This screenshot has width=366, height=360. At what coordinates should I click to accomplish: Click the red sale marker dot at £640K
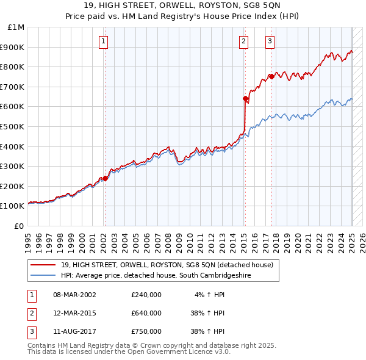[245, 98]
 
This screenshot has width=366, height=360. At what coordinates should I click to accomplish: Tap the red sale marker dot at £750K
[271, 76]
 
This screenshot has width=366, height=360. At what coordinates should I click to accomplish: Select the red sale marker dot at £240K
[105, 178]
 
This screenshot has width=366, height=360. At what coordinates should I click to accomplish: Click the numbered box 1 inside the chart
[103, 42]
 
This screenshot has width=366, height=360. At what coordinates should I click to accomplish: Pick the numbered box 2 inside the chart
[243, 42]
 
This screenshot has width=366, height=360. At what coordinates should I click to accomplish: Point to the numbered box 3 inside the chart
[270, 42]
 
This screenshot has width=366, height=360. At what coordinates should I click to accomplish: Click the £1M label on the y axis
[16, 27]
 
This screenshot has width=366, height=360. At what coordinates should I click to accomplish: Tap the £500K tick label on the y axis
[12, 127]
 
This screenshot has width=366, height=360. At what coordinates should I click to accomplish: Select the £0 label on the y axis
[19, 226]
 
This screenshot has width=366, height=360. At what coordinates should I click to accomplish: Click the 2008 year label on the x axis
[168, 243]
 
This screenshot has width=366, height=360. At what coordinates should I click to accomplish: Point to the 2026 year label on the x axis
[362, 243]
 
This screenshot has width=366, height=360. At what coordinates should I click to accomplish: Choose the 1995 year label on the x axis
[28, 243]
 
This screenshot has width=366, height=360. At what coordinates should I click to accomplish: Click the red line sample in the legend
[43, 265]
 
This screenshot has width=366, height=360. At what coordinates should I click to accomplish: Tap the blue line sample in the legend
[43, 275]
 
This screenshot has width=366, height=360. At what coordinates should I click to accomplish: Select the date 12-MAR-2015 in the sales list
[74, 313]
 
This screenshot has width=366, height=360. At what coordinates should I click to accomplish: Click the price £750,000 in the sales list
[146, 331]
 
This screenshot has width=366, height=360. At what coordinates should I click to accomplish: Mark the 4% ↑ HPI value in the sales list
[209, 295]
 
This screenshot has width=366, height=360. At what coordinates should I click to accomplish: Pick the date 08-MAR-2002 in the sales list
[74, 295]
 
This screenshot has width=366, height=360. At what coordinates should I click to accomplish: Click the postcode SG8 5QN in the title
[262, 5]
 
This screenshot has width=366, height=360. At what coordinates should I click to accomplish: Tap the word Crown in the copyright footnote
[150, 345]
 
